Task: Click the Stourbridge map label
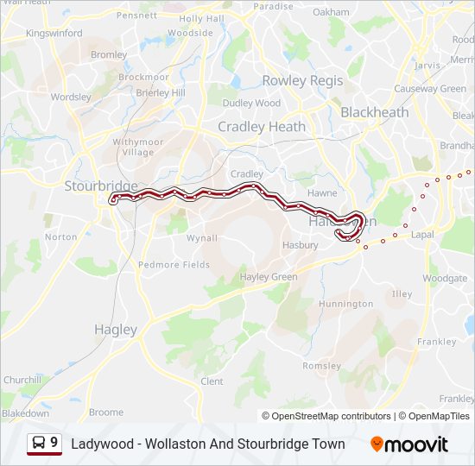coord(89,186)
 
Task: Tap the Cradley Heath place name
coord(261,127)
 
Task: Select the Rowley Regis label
coord(302,80)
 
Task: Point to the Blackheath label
coord(375,112)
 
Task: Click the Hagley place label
coord(115,330)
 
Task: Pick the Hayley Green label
coord(269,277)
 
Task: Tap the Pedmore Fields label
coord(174,265)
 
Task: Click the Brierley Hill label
coord(160,92)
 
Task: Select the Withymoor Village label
coord(132,147)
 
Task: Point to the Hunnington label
coord(345,305)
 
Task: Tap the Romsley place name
coord(322,366)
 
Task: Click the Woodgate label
coord(446,279)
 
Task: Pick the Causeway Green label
coord(430,89)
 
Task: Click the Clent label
coord(212,381)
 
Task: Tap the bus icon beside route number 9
coord(39,444)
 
